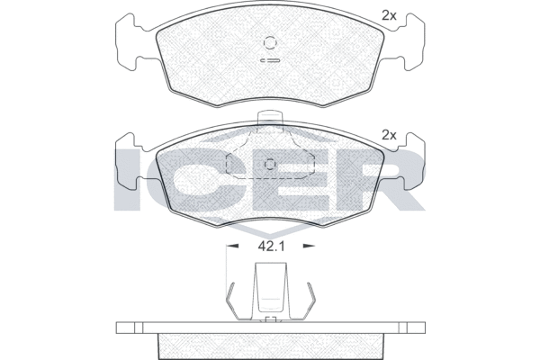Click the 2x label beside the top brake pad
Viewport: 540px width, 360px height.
click(x=389, y=15)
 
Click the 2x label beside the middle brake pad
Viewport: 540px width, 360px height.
click(x=389, y=135)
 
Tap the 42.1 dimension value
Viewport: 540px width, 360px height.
click(x=271, y=246)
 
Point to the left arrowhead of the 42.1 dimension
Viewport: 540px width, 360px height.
click(x=232, y=246)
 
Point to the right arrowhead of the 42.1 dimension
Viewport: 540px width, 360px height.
click(x=309, y=246)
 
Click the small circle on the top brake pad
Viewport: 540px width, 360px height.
click(x=270, y=42)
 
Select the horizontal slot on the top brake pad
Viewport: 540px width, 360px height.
click(x=270, y=60)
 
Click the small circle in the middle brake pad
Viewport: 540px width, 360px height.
click(x=270, y=165)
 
